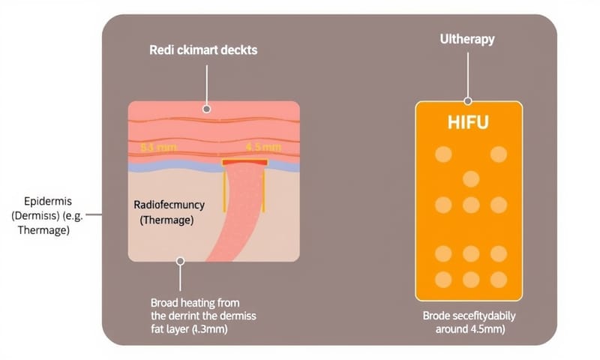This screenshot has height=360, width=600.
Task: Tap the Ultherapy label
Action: coord(467,39)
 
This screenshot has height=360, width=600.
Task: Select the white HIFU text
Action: coord(469,121)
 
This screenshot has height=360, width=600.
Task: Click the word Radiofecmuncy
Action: coord(168,205)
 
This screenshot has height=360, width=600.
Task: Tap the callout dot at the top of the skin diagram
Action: coord(207,109)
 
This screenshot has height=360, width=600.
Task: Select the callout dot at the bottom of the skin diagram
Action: coord(180,262)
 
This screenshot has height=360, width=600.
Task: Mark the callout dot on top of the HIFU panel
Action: coord(468,100)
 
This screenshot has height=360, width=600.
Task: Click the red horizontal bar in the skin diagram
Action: coord(244,161)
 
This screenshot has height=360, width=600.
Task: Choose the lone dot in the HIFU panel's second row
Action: coord(471,178)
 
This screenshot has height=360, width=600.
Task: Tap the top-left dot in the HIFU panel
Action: coord(443,154)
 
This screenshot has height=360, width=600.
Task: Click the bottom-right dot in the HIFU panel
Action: coord(498,279)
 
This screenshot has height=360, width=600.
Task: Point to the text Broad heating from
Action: coord(192,301)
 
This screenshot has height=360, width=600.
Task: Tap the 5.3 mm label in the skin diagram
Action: coord(153,147)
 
